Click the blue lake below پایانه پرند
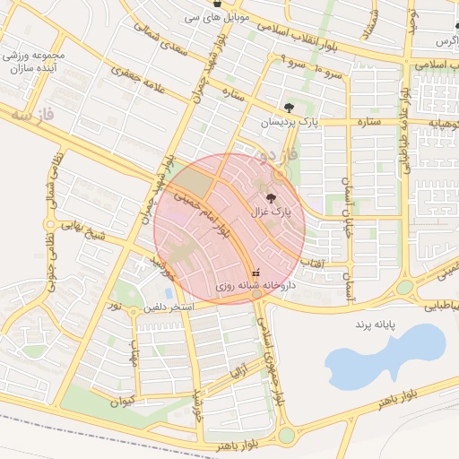click(385, 353)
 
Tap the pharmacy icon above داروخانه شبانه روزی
click(256, 271)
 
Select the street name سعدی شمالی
click(162, 39)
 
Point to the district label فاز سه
click(35, 116)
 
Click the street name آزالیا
click(238, 368)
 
